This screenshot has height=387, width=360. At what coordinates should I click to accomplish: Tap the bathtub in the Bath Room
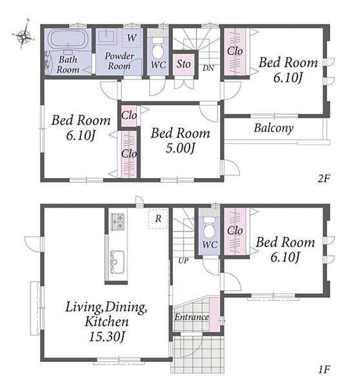68,39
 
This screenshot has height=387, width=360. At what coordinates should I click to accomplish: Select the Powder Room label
119,61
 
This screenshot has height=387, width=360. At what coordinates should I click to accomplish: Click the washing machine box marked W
132,38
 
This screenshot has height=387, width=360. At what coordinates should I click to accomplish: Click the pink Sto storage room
183,64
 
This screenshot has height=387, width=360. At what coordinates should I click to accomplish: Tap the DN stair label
208,68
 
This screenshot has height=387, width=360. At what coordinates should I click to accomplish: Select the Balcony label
274,128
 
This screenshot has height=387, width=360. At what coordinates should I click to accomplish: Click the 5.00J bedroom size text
181,148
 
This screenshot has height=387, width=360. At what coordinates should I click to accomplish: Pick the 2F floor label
324,178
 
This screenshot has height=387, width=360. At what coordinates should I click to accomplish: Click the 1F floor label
324,370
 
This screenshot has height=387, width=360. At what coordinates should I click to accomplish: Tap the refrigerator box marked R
158,219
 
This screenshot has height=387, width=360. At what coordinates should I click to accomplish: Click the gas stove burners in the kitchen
117,221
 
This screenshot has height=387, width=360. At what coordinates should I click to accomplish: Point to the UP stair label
183,260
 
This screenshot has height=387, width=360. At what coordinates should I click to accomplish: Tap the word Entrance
192,317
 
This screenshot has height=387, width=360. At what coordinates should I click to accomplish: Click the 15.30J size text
106,337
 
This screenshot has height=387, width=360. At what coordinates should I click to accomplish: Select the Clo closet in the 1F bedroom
235,232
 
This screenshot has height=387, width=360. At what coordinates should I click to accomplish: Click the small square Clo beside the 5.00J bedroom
129,115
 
